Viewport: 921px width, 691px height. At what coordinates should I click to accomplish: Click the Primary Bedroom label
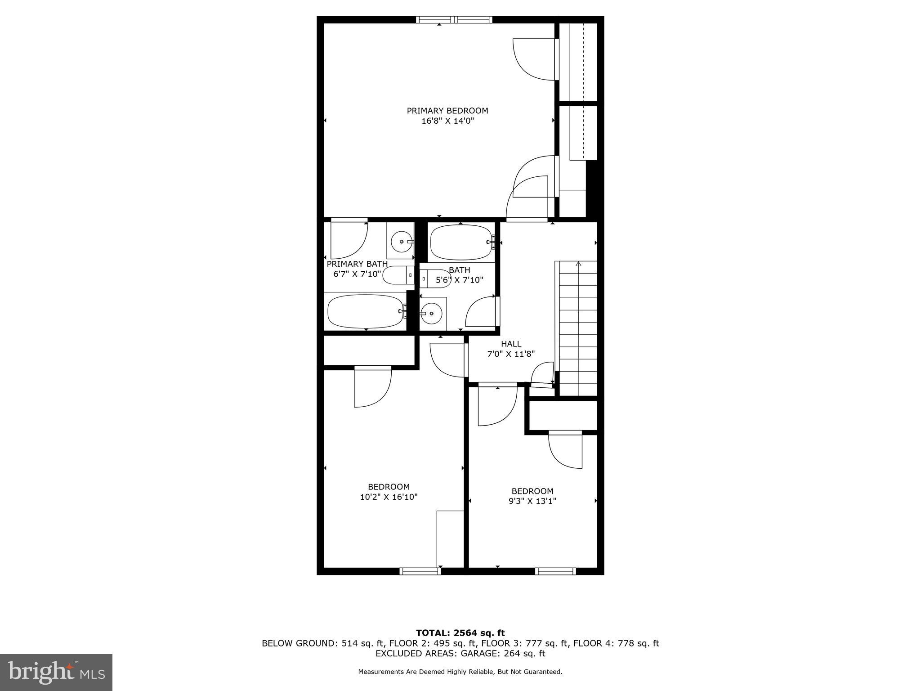point(447,111)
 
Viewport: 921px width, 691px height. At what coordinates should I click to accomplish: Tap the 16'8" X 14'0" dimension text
point(447,121)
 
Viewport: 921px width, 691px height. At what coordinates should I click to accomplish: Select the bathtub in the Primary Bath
point(365,311)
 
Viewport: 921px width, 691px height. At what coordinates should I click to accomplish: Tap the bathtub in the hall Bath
point(461,242)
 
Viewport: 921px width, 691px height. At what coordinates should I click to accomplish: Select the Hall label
point(511,344)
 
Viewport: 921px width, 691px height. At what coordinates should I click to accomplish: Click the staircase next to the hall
point(578,328)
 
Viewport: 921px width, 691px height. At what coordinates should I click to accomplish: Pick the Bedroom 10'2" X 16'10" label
point(389,487)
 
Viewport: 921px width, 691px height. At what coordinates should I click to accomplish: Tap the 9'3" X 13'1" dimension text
point(532,501)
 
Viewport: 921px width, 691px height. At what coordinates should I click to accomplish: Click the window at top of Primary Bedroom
point(454,19)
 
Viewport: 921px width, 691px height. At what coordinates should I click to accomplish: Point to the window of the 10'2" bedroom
point(420,571)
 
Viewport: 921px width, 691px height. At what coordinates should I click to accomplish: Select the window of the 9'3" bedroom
point(555,571)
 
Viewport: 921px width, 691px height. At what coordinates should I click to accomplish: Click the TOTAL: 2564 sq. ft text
point(460,633)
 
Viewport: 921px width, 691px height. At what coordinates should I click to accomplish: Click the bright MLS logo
point(56,673)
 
